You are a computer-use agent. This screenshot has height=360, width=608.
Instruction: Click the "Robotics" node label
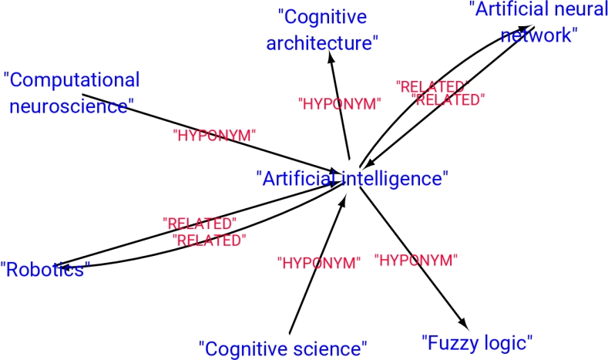[45, 270]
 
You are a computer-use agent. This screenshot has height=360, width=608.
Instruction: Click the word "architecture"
[322, 42]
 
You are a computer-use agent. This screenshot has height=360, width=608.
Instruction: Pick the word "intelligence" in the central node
[395, 178]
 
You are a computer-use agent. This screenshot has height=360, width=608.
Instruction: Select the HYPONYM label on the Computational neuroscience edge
[215, 136]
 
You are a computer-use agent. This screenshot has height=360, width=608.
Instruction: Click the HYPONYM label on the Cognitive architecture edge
[339, 104]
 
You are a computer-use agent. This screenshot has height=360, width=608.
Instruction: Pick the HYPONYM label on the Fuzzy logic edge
[416, 260]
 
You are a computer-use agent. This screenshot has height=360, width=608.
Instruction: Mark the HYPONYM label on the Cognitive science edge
[318, 263]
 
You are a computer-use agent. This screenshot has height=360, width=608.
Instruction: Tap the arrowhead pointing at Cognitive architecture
[331, 60]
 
